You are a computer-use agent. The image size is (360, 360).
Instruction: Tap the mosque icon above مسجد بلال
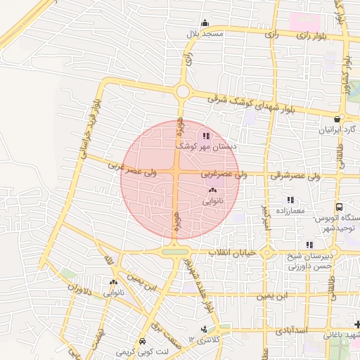[x=205, y=22]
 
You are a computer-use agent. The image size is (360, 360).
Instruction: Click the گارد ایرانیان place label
[x=335, y=131]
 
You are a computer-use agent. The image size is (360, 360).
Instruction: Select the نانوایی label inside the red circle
[x=213, y=201]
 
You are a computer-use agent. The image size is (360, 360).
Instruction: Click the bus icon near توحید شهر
[x=340, y=207]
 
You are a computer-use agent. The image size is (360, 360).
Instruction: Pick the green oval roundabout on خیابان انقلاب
[x=176, y=252]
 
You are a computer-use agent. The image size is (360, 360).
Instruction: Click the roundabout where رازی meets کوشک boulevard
[x=184, y=91]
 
